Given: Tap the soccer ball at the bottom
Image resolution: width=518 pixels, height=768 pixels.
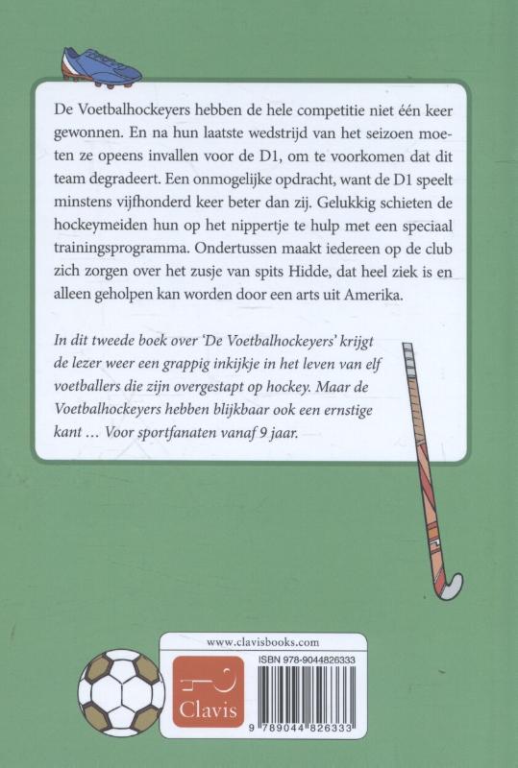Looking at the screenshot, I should coord(122,691).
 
